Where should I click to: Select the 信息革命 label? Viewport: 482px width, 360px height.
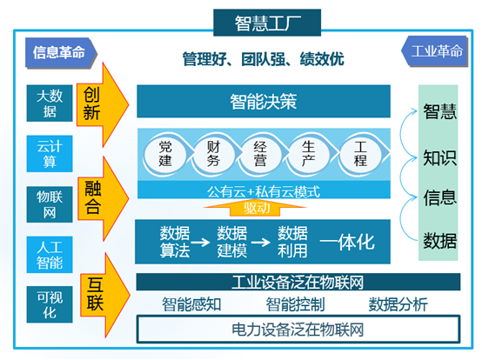[58, 51]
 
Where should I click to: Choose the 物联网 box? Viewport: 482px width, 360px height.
[44, 202]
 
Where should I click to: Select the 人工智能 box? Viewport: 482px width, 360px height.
[44, 252]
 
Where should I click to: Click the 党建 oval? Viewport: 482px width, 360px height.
[166, 154]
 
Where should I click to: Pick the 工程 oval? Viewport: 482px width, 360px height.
[360, 154]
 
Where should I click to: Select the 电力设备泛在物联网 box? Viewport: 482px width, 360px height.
[297, 330]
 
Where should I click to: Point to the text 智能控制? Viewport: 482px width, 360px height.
[296, 304]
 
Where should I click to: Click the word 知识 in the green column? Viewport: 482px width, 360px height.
[439, 157]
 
